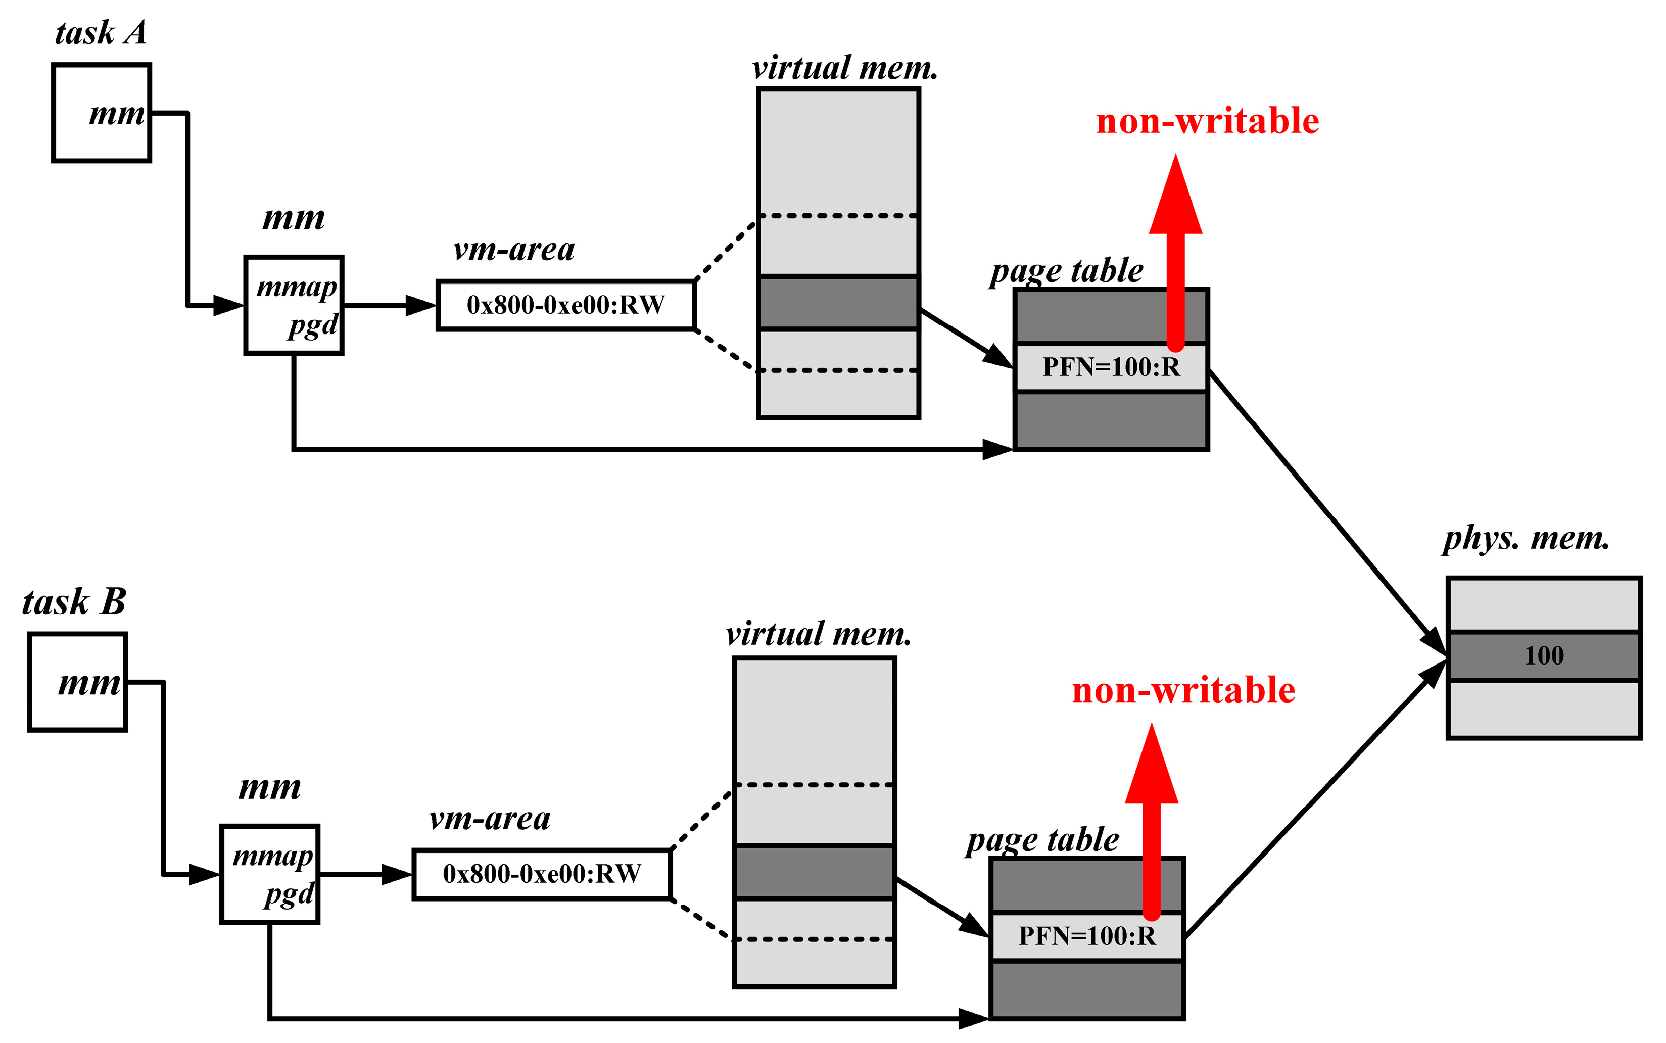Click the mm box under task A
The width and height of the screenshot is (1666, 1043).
[x=102, y=113]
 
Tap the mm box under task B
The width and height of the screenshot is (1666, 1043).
[x=77, y=682]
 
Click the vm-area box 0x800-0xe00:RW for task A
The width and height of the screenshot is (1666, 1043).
[x=565, y=305]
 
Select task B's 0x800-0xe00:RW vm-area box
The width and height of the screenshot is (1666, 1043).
[x=541, y=874]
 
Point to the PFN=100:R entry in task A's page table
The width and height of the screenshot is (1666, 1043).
[x=1110, y=367]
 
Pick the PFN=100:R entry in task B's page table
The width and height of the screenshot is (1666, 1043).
[x=1087, y=936]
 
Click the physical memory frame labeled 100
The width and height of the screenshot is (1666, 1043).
[x=1543, y=655]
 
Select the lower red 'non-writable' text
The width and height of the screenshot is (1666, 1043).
[x=1183, y=690]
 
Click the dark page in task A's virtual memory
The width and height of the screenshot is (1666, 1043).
[x=838, y=302]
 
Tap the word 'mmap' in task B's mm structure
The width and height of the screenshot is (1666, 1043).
[x=272, y=856]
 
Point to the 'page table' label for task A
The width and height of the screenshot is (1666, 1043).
[x=1066, y=270]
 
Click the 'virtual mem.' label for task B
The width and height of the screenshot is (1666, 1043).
[x=819, y=633]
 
